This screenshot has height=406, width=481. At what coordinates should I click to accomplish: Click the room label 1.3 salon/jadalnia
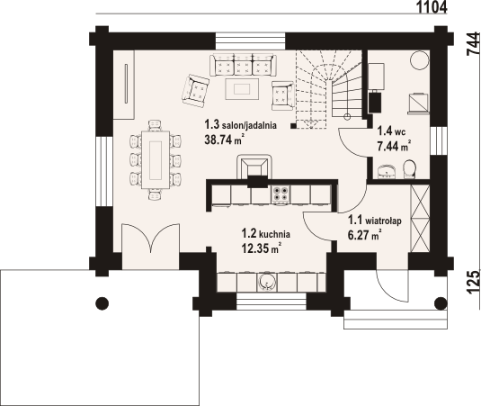point(239,125)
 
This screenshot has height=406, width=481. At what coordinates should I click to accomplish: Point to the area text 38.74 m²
point(226,140)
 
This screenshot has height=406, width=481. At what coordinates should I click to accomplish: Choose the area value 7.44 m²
point(394,145)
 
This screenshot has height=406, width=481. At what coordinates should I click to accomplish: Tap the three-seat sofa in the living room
point(242,64)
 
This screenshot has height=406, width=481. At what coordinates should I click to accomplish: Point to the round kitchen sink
point(266,283)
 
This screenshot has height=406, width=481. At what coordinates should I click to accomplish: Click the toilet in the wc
point(408,168)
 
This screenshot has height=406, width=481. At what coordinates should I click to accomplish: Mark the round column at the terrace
point(102,302)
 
